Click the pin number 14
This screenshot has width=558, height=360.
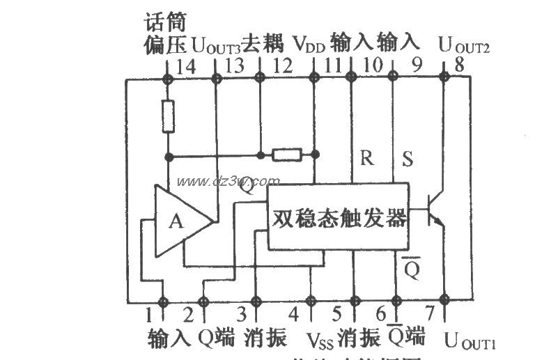coord(186,67)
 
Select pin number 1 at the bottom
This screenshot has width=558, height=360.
coord(148,313)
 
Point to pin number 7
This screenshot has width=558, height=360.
coord(429,313)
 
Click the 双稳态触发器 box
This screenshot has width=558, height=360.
coord(338,217)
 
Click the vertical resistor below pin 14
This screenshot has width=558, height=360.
coord(168,116)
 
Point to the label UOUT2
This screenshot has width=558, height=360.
coord(464,47)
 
